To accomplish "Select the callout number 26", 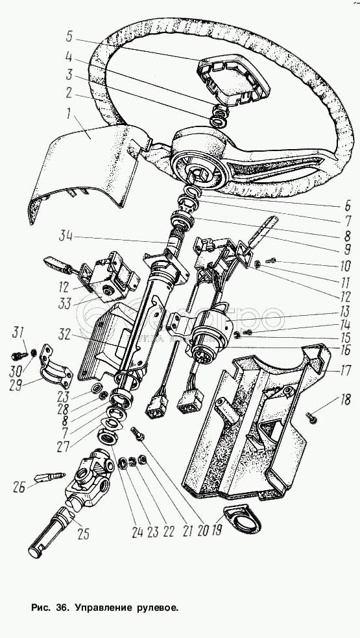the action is (x=19, y=486).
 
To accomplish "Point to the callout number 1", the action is (x=69, y=113).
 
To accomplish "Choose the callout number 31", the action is (x=17, y=332).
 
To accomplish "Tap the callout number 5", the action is (x=69, y=37).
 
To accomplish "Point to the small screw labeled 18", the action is (x=311, y=417).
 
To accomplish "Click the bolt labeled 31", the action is (x=19, y=355).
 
